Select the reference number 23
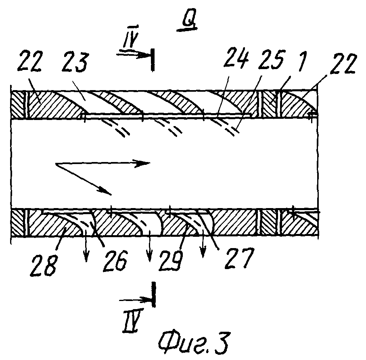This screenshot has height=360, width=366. (75, 61)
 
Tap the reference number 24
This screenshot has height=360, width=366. (235, 57)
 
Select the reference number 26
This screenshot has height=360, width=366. (115, 261)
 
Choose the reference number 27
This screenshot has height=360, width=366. (239, 258)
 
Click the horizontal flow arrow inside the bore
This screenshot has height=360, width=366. (103, 163)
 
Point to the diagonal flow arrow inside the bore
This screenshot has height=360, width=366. (84, 179)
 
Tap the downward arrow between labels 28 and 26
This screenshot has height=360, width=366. (86, 246)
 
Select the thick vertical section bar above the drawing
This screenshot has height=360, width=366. (153, 60)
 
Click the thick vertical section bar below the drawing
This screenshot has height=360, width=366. (153, 295)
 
